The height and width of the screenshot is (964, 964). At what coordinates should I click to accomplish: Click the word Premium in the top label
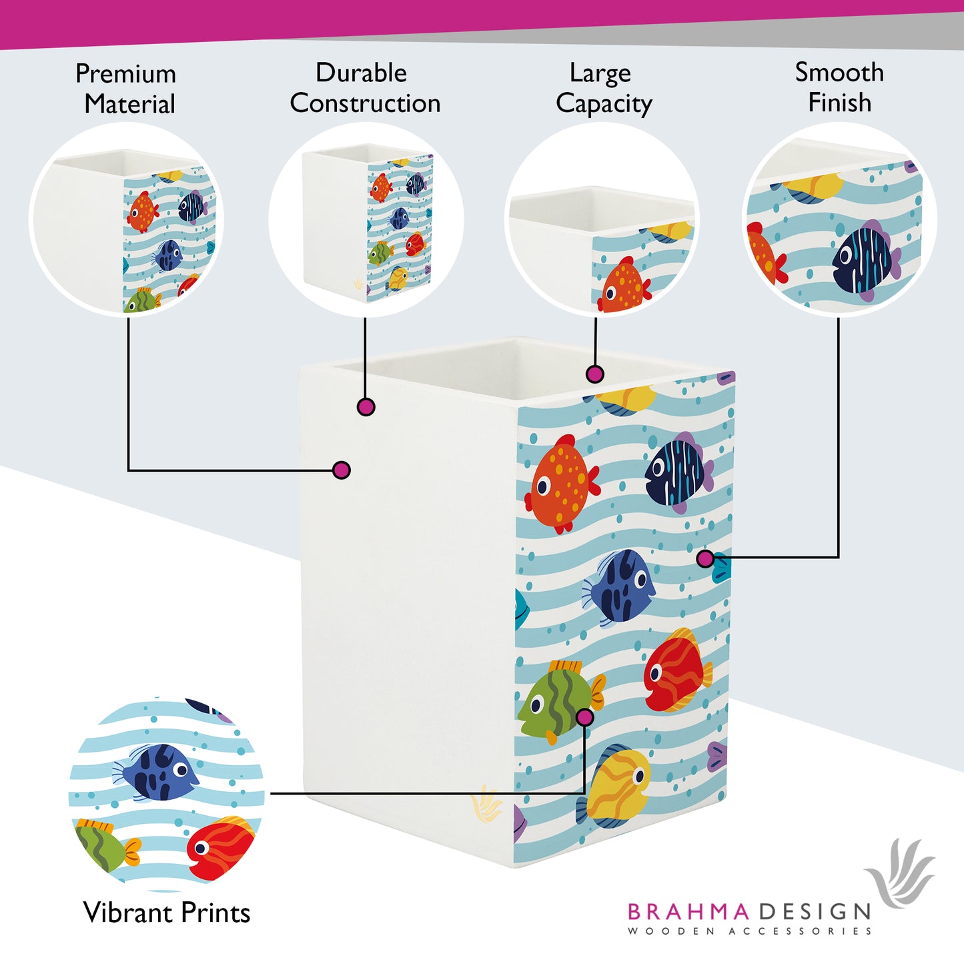click(x=125, y=74)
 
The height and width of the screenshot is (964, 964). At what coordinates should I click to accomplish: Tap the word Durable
click(x=361, y=73)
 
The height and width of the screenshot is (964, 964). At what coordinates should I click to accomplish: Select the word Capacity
click(x=604, y=105)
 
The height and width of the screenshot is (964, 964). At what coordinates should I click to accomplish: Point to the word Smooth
click(x=839, y=72)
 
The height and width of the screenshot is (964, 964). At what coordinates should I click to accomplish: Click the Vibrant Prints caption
click(x=167, y=913)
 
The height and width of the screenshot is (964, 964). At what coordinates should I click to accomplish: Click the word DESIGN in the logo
click(x=815, y=911)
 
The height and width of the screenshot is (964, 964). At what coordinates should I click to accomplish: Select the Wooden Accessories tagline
click(x=749, y=931)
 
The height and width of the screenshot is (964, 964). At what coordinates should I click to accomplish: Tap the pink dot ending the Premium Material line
click(x=342, y=470)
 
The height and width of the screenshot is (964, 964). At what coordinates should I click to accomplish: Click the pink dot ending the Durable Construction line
click(x=366, y=407)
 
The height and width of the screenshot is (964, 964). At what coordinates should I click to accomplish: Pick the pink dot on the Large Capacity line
click(x=594, y=374)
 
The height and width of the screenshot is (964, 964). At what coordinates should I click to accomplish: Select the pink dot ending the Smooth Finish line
click(x=705, y=559)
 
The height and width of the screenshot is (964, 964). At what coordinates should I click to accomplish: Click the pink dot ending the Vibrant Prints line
click(x=585, y=717)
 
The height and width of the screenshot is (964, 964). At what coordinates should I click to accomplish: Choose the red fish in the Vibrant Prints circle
click(x=220, y=849)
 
